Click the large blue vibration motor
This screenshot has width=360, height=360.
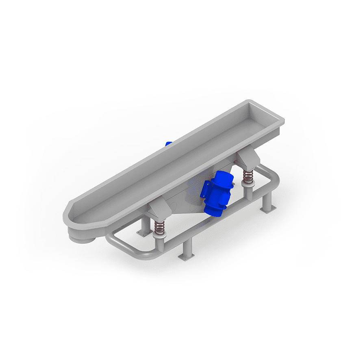click(217, 192)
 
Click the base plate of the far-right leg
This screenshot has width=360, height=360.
click(267, 210)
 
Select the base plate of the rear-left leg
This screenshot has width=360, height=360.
click(143, 233)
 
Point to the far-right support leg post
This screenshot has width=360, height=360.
click(267, 200)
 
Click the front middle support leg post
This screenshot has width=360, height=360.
click(187, 247)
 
